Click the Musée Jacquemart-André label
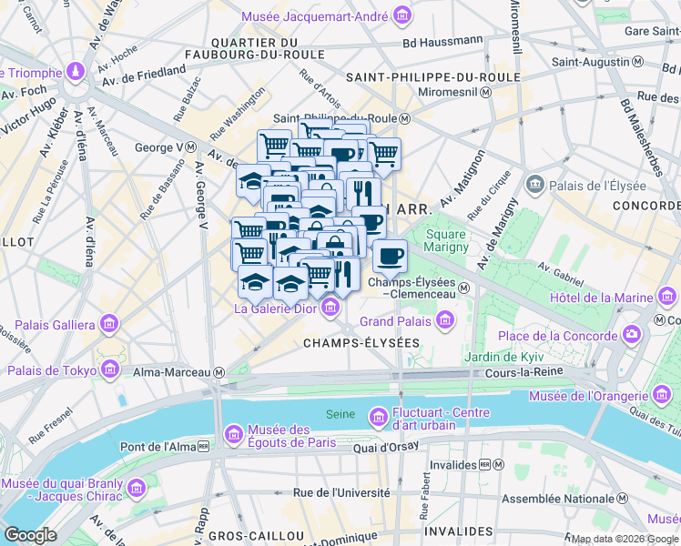pyautogui.click(x=315, y=17)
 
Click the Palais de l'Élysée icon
pyautogui.click(x=534, y=186)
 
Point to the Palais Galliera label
pyautogui.click(x=49, y=325)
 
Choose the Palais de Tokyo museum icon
pyautogui.click(x=110, y=369)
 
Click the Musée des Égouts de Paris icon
pyautogui.click(x=234, y=430)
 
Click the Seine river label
pyautogui.click(x=340, y=415)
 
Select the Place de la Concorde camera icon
pyautogui.click(x=632, y=336)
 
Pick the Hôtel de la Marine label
pyautogui.click(x=600, y=298)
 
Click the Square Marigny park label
pyautogui.click(x=445, y=240)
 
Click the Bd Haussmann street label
pyautogui.click(x=443, y=40)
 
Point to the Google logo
pyautogui.click(x=31, y=535)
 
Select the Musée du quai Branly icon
pyautogui.click(x=137, y=490)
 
